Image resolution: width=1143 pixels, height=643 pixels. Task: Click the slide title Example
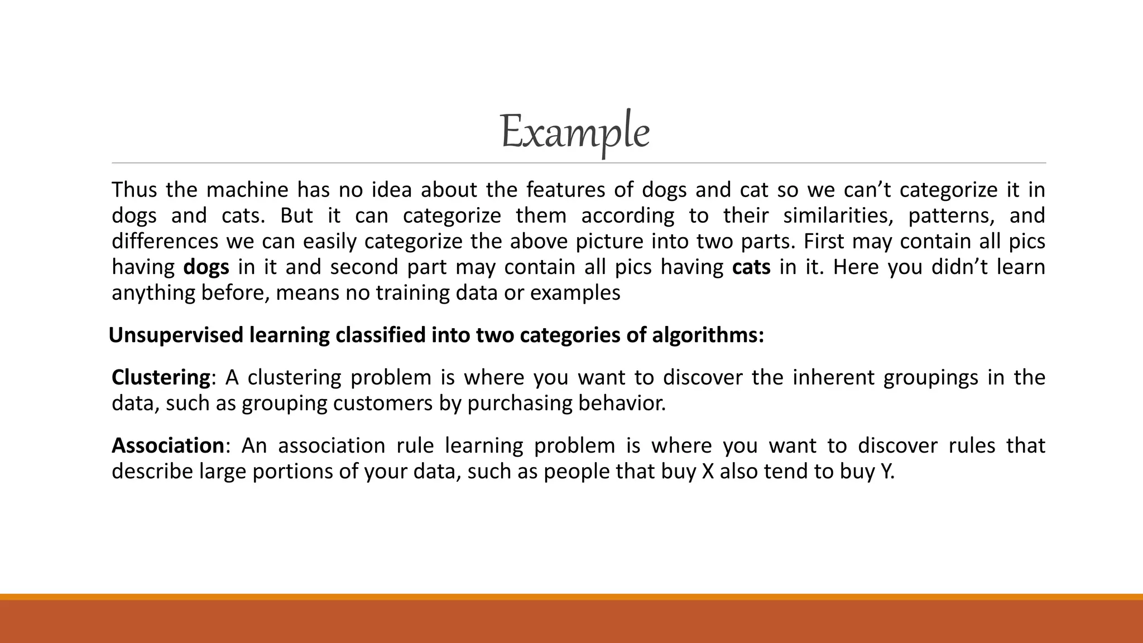point(575,132)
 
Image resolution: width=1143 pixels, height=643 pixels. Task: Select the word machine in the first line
point(247,190)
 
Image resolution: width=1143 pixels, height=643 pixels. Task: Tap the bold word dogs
point(206,267)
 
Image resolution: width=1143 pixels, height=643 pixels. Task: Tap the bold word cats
point(751,267)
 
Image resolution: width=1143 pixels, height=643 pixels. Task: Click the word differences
point(165,242)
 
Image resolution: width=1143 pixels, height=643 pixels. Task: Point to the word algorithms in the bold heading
point(707,335)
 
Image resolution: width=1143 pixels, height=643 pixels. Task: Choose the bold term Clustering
point(161,378)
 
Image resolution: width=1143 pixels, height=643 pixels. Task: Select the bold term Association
point(168,446)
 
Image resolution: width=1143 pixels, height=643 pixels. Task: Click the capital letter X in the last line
point(708,472)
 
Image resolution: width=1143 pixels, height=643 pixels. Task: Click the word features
point(565,190)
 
